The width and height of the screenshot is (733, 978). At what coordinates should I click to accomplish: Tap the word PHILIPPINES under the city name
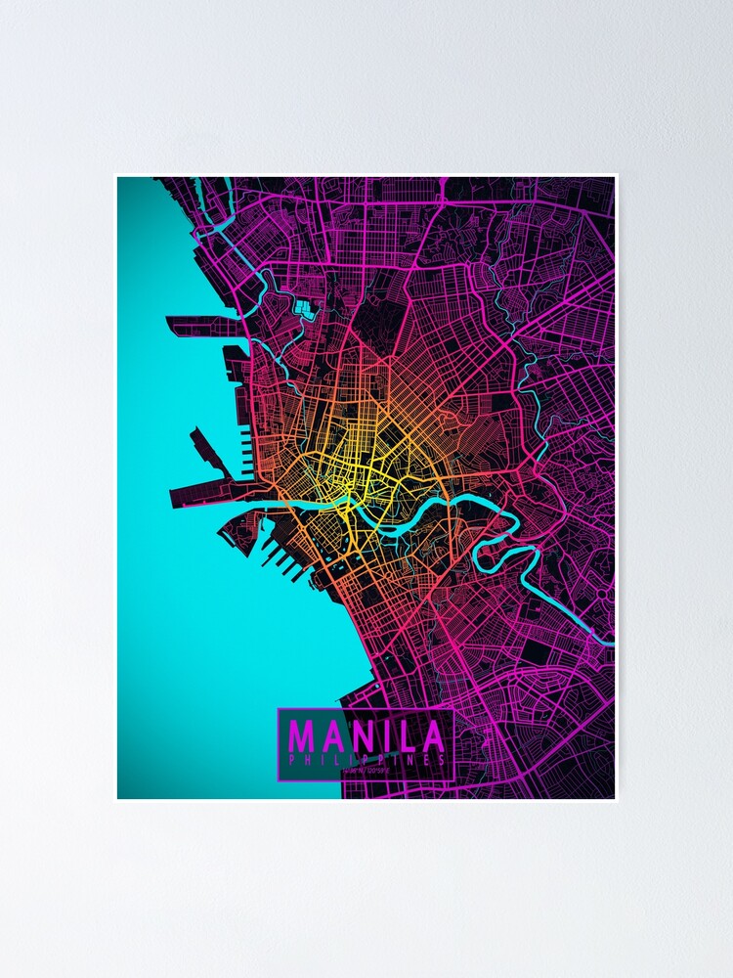coord(366,759)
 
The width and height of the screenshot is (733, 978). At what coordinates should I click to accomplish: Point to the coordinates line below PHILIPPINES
coord(366,771)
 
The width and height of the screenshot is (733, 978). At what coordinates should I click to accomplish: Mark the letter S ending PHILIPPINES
coord(444,759)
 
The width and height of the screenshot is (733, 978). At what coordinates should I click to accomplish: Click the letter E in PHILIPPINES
coord(429,759)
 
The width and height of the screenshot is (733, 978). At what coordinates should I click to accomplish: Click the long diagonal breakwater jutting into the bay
coord(210,450)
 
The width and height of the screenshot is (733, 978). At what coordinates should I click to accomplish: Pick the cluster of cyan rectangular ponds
coord(305,312)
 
